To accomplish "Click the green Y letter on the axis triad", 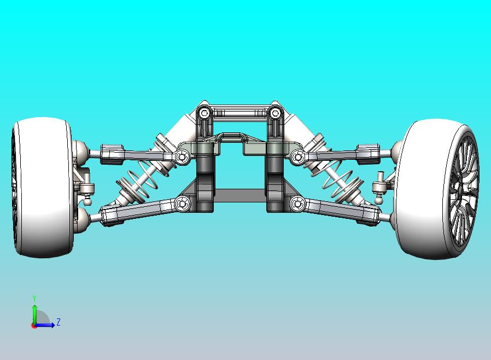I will [34, 299].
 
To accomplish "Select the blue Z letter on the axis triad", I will [59, 322].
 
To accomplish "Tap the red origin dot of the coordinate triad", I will [34, 326].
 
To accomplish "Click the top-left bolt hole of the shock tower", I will [204, 114].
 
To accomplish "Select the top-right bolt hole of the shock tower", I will [274, 114].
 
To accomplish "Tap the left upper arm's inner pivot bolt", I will [182, 158].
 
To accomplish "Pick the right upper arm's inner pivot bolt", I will [297, 158].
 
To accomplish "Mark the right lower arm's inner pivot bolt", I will [298, 204].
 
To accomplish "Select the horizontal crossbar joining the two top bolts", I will [239, 114].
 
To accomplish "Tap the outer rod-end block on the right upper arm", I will [367, 154].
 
